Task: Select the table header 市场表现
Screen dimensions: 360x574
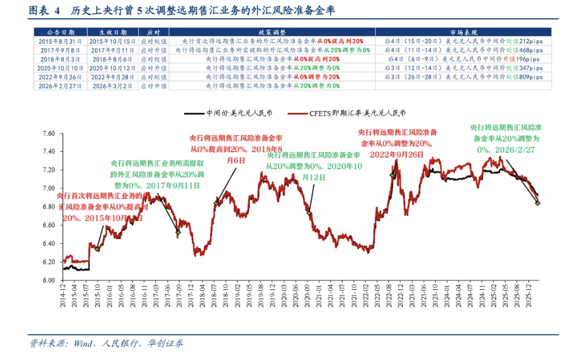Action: point(463,32)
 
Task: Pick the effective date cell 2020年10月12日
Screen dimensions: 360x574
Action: point(113,68)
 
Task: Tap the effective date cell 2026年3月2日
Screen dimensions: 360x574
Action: point(113,86)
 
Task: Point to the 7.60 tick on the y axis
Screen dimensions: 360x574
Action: point(47,133)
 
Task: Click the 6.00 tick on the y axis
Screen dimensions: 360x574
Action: point(47,280)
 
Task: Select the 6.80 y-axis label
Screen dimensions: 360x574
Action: point(47,207)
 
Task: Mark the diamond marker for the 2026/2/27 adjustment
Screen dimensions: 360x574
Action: point(538,203)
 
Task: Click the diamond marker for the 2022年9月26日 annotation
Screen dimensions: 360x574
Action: point(392,175)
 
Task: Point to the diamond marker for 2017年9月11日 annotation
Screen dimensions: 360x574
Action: point(178,232)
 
